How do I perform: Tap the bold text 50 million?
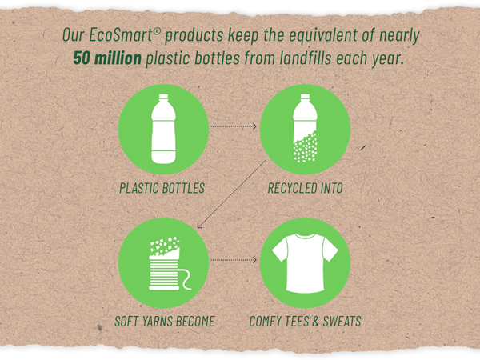tap(107, 58)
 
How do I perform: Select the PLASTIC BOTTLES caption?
tap(162, 188)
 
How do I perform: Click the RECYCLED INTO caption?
tap(306, 188)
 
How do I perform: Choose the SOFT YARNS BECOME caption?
tap(164, 322)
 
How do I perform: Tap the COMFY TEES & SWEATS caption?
tap(306, 322)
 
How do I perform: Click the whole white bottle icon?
tap(163, 129)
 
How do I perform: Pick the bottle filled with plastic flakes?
tap(305, 128)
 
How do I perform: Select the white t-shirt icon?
tap(305, 263)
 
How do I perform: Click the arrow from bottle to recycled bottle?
tap(234, 126)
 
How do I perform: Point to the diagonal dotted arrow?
tap(231, 194)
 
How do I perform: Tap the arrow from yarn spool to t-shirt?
tap(234, 260)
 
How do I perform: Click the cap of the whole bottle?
tap(163, 97)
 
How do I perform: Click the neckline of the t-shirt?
tap(306, 236)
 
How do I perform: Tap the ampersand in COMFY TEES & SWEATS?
tap(316, 322)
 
